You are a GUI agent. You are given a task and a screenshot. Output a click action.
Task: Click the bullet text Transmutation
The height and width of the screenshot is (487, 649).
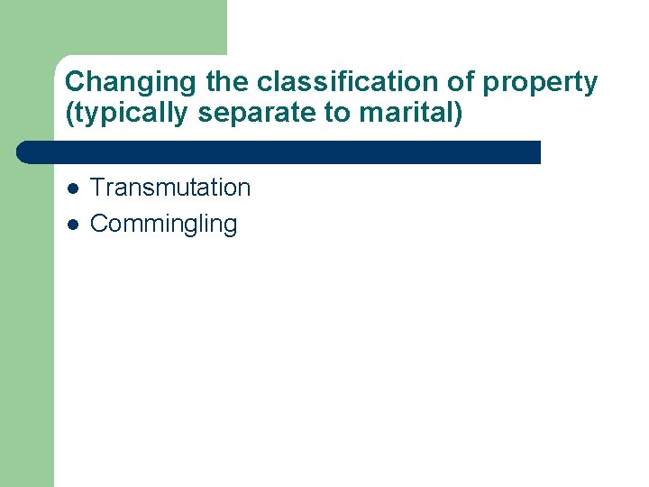tap(170, 188)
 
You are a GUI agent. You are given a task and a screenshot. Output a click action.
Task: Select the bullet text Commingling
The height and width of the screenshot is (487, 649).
tap(163, 225)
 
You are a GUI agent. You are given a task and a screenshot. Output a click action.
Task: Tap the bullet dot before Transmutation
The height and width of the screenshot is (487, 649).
tap(72, 188)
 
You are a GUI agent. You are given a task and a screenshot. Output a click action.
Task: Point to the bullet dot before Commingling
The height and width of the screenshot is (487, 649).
tap(72, 225)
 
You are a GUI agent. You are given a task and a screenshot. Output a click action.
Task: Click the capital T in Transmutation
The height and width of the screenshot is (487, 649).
tap(97, 188)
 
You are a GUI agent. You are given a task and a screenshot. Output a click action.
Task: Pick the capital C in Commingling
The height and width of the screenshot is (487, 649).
tap(98, 224)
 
